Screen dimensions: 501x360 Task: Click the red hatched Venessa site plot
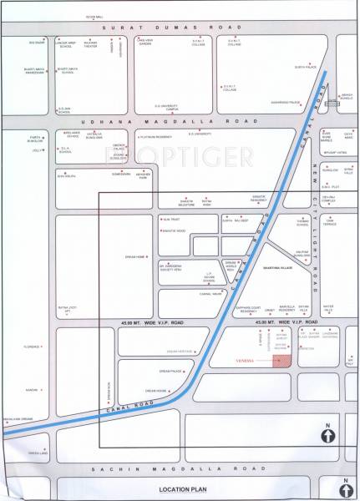pyautogui.click(x=282, y=361)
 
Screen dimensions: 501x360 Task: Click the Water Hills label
pyautogui.click(x=328, y=308)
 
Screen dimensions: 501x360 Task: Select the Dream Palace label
pyautogui.click(x=159, y=372)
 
